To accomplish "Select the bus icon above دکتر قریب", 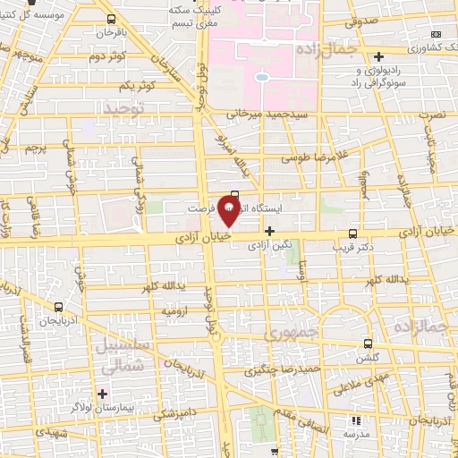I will [x=352, y=230].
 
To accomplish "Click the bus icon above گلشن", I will [x=368, y=343].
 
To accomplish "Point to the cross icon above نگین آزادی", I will [x=269, y=230].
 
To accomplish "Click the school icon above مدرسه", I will [x=356, y=420].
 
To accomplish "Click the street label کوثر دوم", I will [x=107, y=57].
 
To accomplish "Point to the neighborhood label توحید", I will [x=123, y=107].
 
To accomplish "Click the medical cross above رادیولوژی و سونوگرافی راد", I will [x=378, y=55].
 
